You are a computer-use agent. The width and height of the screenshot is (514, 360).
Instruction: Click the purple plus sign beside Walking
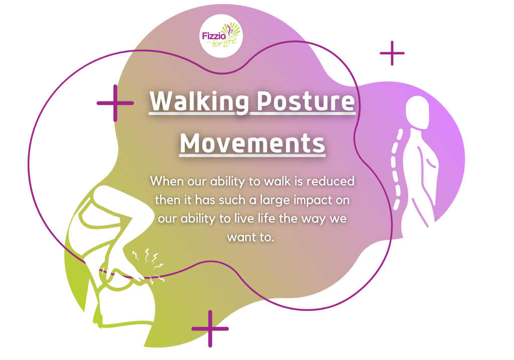[x=115, y=103]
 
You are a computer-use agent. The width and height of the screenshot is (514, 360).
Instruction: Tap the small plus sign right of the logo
[x=392, y=53]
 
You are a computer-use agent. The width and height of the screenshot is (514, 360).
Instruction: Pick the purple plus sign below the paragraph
[x=210, y=328]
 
